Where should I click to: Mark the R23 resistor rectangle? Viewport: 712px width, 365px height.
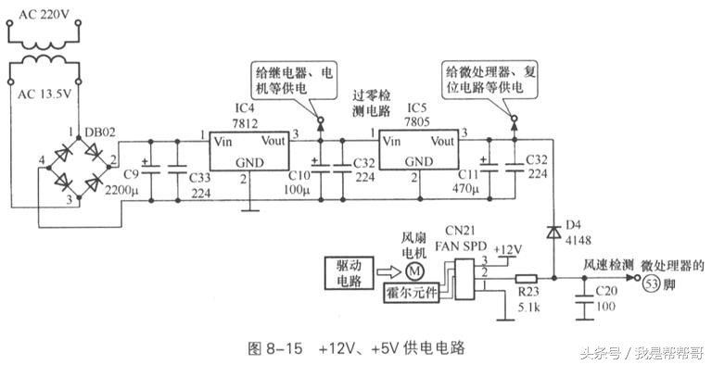(x=527, y=277)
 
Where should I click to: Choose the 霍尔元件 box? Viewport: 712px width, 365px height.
(x=409, y=293)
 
